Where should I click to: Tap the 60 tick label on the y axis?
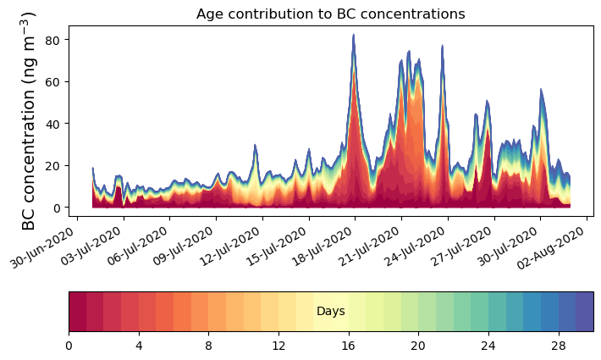[x=57, y=82]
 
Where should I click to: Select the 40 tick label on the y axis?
[x=57, y=124]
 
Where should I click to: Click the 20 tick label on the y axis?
[x=57, y=166]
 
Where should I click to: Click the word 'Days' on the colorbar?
[x=330, y=312]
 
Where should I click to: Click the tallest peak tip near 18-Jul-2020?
[x=353, y=36]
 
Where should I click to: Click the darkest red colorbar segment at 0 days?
[x=77, y=312]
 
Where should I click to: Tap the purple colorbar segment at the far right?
[x=584, y=312]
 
